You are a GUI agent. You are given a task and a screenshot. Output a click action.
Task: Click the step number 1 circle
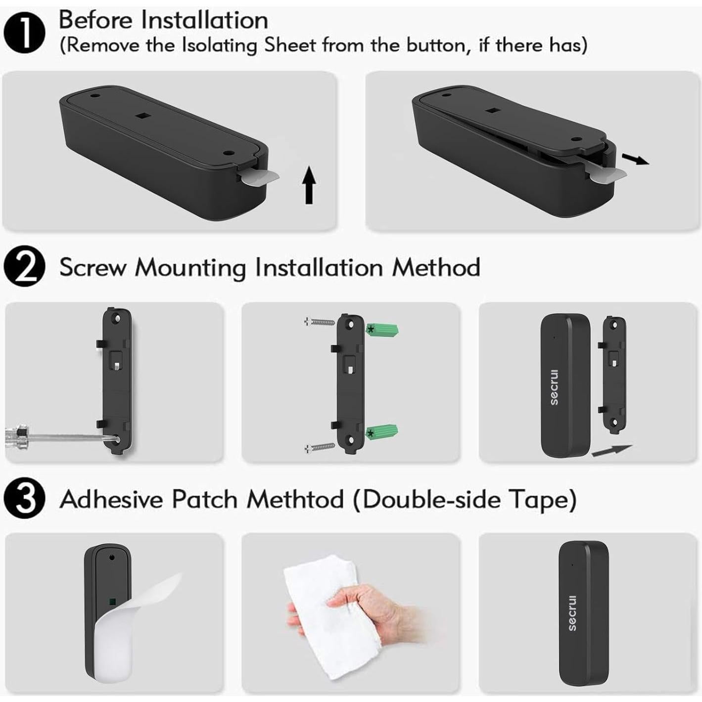click(x=24, y=32)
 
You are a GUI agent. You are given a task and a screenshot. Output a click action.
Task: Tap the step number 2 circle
click(x=24, y=267)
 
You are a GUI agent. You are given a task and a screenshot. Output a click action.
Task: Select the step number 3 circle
click(x=24, y=499)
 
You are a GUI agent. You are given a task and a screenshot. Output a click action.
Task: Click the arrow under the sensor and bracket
click(x=611, y=450)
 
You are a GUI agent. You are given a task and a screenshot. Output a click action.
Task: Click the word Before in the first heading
click(x=96, y=20)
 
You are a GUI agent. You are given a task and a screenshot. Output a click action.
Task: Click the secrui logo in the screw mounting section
click(x=554, y=387)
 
